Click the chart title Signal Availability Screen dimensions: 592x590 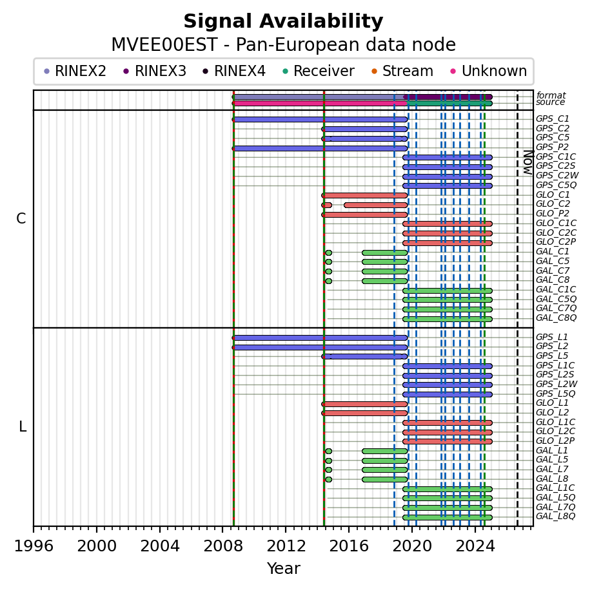[283, 21]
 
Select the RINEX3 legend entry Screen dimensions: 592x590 [155, 71]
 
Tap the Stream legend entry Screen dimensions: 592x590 [402, 71]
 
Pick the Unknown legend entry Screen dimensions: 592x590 [489, 71]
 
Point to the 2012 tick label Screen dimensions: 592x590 [286, 546]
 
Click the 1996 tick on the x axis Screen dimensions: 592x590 [34, 529]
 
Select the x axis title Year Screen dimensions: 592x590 [283, 568]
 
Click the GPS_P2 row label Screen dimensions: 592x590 [553, 147]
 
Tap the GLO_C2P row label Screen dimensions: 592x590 [556, 242]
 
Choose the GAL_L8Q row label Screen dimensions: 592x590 [555, 516]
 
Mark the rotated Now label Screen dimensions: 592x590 [529, 162]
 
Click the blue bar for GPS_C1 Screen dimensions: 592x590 [320, 120]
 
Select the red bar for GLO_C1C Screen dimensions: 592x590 [448, 224]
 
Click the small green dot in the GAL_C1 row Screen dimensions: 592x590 [328, 252]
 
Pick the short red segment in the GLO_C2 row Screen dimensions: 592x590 [326, 205]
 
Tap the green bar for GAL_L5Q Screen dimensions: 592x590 [448, 499]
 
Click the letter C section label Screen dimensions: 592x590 [21, 218]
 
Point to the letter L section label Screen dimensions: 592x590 [23, 427]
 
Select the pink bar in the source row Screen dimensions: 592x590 [320, 103]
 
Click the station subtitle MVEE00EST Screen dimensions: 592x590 [164, 45]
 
